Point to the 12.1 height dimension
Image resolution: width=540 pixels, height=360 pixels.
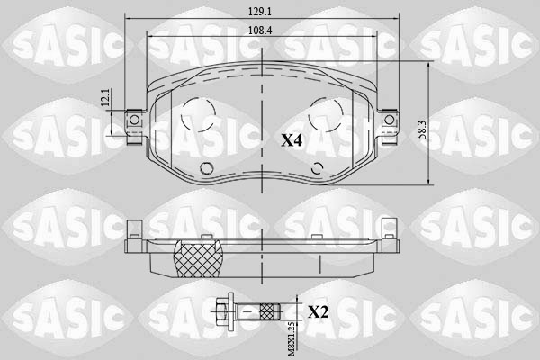click(x=105, y=100)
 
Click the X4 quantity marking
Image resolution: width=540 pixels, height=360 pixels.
click(x=291, y=140)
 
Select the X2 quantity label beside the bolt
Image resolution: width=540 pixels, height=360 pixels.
click(x=318, y=312)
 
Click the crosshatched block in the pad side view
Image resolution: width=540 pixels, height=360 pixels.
click(x=197, y=258)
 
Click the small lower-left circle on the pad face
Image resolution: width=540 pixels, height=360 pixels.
click(x=205, y=166)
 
